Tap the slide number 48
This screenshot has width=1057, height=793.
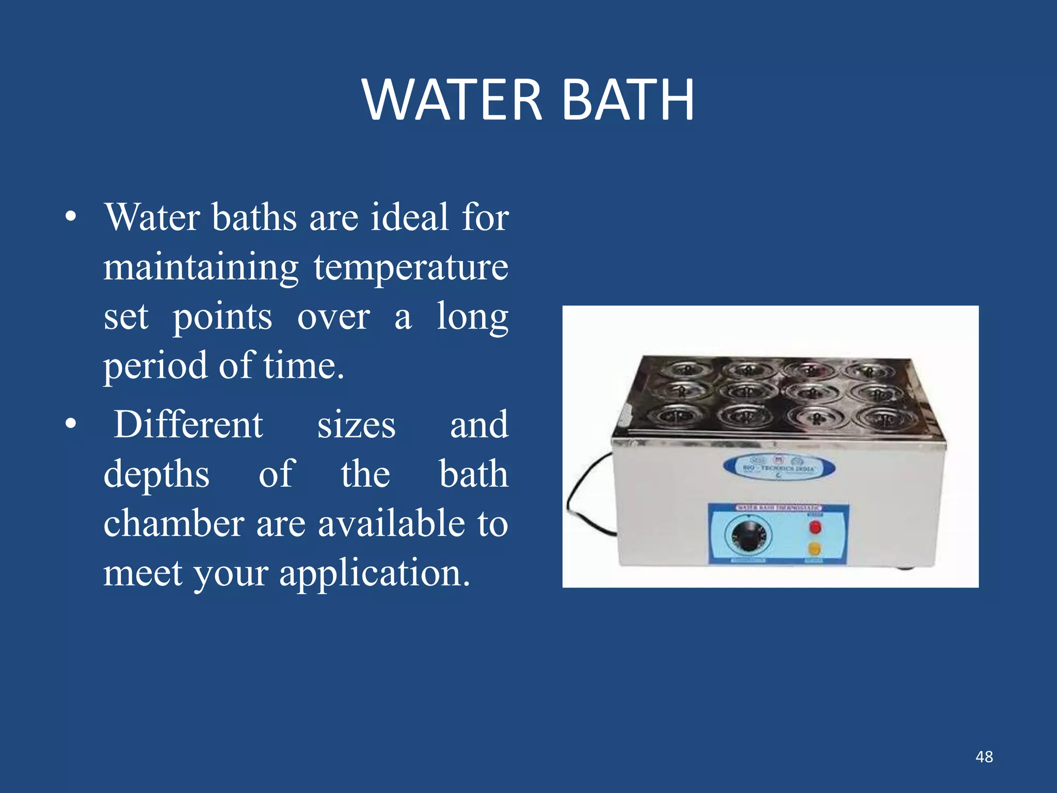984,757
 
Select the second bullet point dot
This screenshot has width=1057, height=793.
71,424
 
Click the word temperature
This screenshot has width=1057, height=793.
411,268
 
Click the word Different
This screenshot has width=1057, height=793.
188,424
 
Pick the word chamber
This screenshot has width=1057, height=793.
174,524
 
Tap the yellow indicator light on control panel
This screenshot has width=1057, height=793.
814,548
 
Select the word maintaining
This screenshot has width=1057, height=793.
201,268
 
